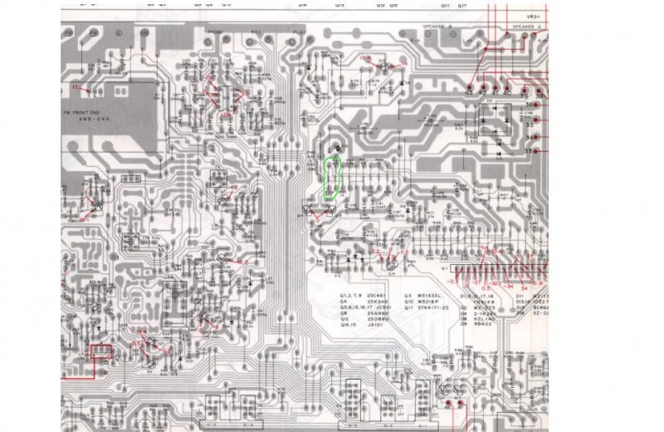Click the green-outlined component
332,177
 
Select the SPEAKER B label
437,27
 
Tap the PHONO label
215,32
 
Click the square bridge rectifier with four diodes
497,120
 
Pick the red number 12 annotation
76,86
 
